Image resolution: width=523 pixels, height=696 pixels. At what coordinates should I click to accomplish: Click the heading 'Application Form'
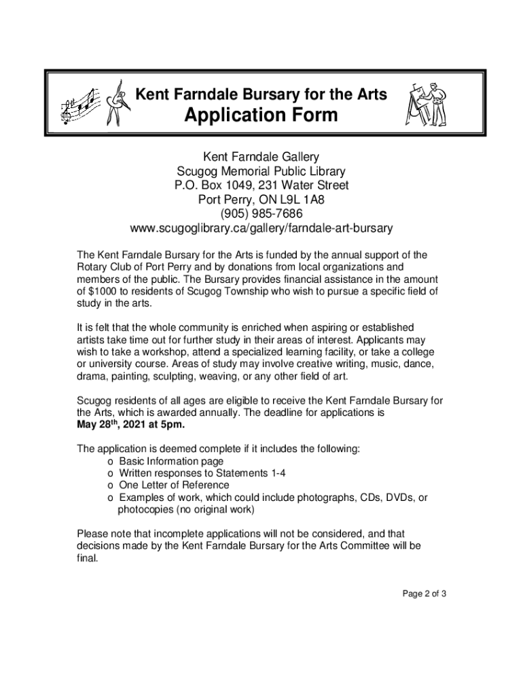[261, 115]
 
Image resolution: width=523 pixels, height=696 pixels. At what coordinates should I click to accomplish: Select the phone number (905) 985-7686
[261, 213]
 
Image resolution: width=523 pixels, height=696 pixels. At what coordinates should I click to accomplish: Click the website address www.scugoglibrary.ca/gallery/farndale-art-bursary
[261, 227]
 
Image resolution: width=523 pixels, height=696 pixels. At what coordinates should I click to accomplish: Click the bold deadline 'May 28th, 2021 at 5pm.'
[130, 425]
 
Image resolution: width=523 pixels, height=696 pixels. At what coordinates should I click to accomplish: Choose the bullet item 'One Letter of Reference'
[174, 485]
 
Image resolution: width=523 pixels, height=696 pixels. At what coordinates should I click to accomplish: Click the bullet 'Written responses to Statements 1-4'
[198, 473]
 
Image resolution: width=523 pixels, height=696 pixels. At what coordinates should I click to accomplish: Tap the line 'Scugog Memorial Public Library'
[261, 171]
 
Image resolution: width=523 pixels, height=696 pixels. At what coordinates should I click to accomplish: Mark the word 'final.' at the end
[88, 558]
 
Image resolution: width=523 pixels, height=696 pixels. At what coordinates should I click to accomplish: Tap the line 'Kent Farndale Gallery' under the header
[261, 158]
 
